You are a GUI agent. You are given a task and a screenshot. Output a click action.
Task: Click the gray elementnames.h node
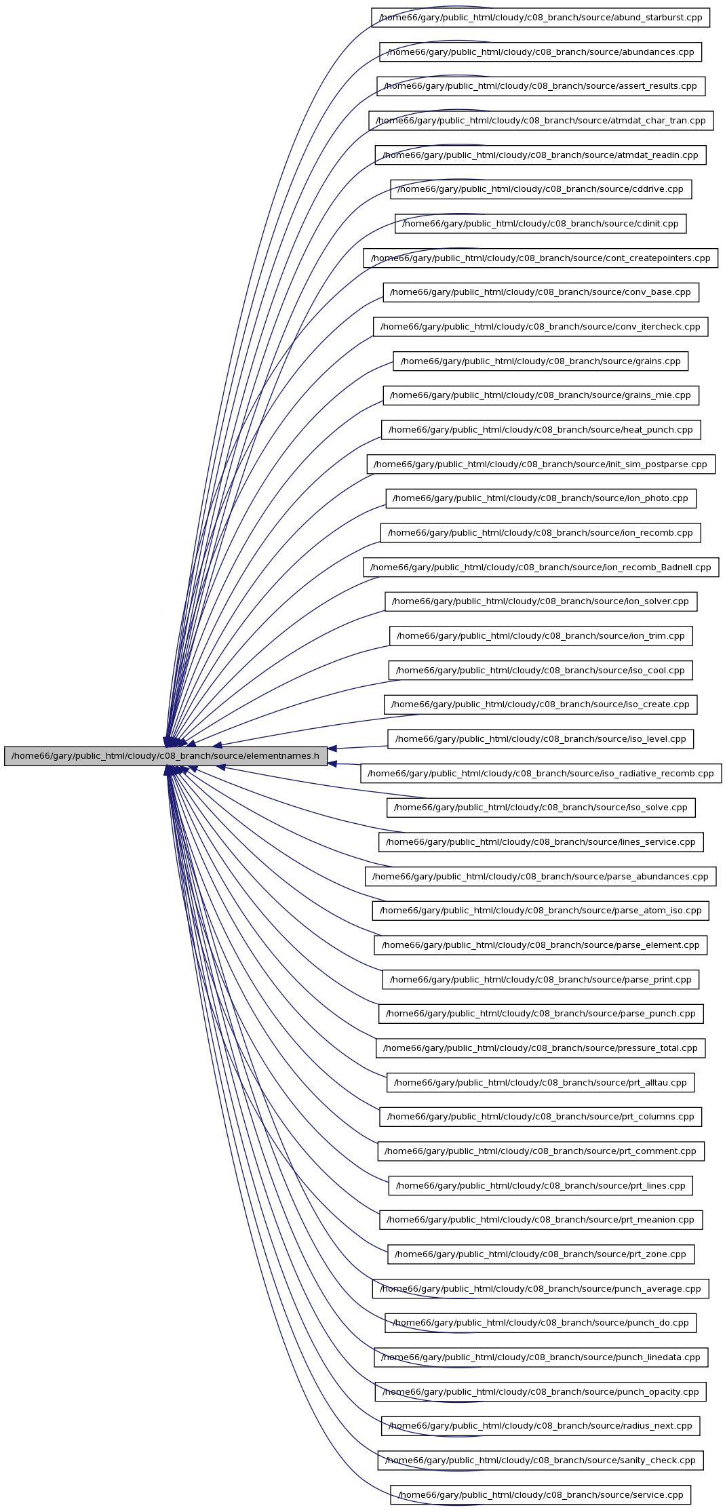point(165,756)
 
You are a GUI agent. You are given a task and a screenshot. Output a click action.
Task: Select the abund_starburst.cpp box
point(541,18)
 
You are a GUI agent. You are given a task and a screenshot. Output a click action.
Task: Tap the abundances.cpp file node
point(541,52)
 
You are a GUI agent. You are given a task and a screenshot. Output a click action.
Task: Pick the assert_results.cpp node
point(541,86)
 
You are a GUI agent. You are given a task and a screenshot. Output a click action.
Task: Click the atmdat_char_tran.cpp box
point(541,121)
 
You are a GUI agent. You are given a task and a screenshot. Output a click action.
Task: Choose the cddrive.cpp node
point(541,189)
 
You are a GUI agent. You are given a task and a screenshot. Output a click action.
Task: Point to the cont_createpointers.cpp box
point(541,258)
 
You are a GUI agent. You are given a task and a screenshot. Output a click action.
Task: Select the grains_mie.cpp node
point(541,395)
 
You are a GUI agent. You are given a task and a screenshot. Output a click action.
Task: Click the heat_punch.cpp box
point(541,430)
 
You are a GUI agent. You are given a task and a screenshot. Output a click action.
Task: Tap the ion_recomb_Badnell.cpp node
point(541,568)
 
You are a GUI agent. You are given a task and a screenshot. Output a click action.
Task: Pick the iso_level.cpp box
point(541,739)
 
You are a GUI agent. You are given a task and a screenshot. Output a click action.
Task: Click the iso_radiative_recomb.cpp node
point(541,774)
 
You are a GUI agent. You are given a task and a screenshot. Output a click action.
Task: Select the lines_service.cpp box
point(541,842)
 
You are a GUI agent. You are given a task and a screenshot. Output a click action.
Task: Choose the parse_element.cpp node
point(541,945)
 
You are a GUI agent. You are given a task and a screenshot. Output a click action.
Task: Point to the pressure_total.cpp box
point(541,1048)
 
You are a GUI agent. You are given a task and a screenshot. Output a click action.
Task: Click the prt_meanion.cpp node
point(541,1220)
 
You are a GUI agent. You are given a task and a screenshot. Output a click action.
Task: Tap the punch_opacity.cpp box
point(541,1392)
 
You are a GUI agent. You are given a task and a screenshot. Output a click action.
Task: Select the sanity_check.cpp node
point(541,1461)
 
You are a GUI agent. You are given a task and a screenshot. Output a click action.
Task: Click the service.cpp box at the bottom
point(541,1495)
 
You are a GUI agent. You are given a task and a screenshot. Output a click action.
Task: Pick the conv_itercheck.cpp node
point(541,327)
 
